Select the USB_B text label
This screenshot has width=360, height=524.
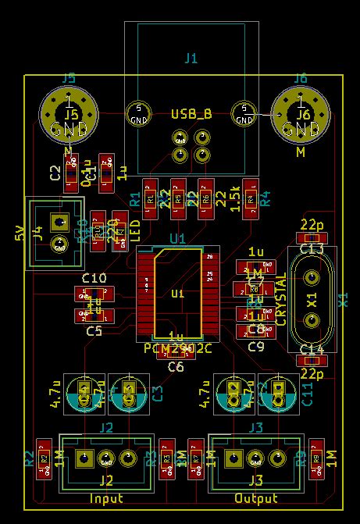click(191, 114)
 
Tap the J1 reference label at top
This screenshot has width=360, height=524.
click(191, 58)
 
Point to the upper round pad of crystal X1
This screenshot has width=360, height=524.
click(312, 277)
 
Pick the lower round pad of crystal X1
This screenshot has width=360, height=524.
click(312, 319)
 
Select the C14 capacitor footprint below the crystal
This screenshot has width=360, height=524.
click(312, 361)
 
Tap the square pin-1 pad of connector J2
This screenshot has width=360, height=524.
click(84, 457)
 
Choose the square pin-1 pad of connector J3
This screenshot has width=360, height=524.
click(232, 457)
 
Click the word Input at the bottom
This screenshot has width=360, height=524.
click(106, 497)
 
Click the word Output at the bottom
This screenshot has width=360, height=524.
click(256, 497)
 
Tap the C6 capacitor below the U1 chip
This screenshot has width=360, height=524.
click(176, 352)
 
